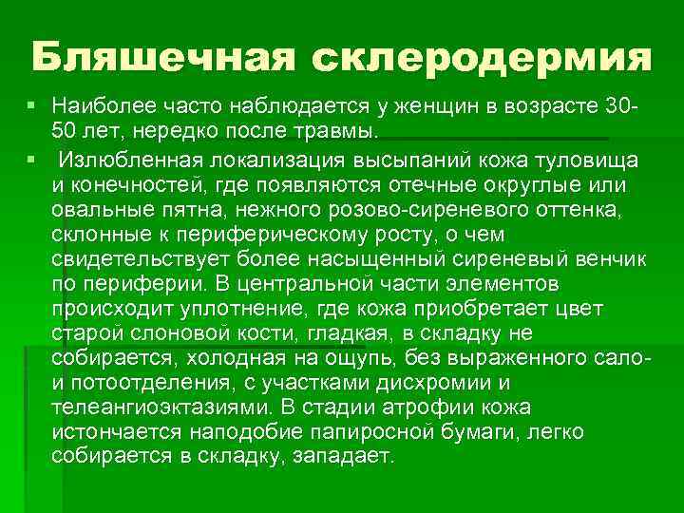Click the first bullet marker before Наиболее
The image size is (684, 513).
click(x=32, y=103)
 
